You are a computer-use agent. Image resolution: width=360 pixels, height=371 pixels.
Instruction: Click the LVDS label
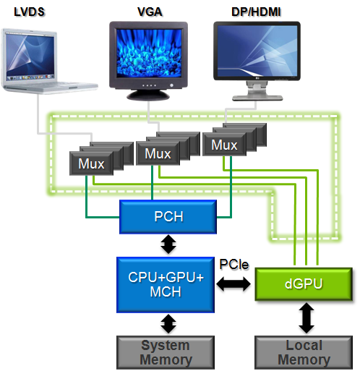tap(29, 12)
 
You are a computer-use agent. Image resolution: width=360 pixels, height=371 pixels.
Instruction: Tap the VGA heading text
tap(150, 12)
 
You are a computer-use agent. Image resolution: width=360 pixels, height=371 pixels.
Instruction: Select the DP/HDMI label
tap(256, 12)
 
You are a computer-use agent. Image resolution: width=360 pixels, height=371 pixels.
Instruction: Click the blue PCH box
tap(168, 217)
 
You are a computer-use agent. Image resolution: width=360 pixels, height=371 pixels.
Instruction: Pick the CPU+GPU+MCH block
tap(166, 285)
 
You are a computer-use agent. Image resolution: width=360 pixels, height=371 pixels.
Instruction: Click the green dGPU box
tap(304, 284)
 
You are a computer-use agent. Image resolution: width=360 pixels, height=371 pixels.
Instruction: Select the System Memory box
tap(166, 352)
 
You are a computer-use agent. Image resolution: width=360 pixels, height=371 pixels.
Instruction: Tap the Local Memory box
tap(304, 352)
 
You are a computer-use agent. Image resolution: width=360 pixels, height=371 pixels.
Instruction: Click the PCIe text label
tap(233, 265)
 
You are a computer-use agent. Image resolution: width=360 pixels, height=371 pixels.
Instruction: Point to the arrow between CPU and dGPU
tap(233, 284)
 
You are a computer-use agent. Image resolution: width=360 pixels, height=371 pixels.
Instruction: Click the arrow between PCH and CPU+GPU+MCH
tap(168, 244)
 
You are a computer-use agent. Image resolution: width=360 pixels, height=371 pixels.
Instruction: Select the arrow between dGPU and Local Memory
tap(307, 318)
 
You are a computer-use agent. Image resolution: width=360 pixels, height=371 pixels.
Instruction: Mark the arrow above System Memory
tap(168, 324)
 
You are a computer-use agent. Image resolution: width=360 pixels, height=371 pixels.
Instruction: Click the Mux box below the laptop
tap(91, 163)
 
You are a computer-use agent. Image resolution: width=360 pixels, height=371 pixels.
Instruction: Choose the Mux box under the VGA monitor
tap(158, 153)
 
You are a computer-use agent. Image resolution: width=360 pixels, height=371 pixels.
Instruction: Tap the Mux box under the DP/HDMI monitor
tap(224, 145)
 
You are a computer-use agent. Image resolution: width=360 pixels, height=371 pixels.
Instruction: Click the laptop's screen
tap(30, 56)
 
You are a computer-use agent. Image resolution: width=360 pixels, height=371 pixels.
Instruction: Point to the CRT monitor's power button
tap(171, 85)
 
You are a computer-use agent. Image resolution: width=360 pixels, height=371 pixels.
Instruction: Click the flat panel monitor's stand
tap(257, 91)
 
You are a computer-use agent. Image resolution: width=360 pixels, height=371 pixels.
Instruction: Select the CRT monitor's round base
tap(148, 95)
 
